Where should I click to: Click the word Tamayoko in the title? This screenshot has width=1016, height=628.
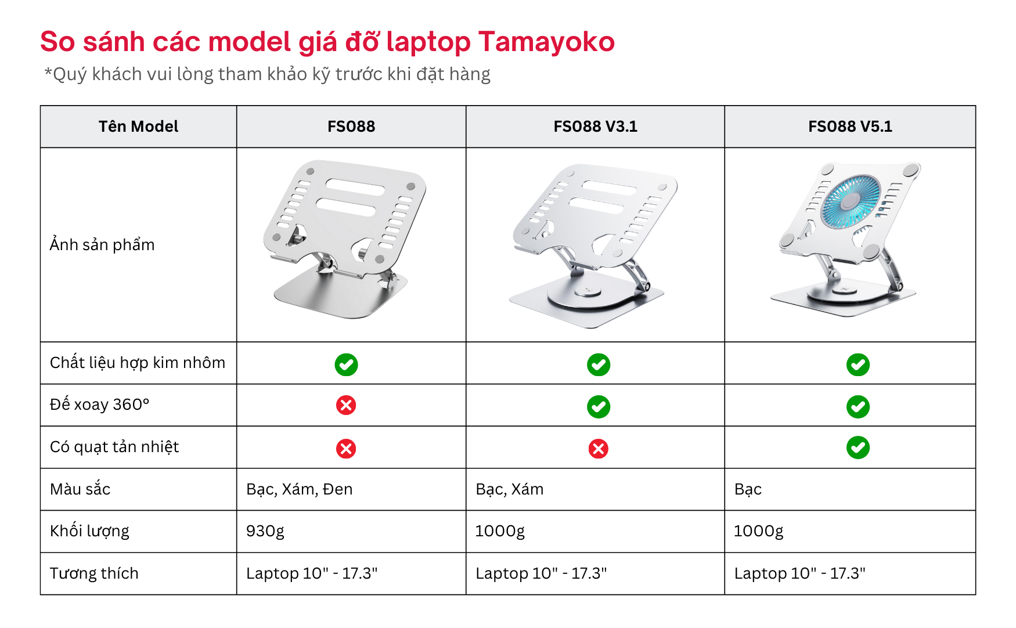click(x=546, y=42)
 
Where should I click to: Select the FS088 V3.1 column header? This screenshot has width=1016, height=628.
click(x=595, y=127)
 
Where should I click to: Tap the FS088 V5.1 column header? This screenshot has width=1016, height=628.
click(x=850, y=127)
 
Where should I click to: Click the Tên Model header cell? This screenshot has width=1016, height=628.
click(x=138, y=127)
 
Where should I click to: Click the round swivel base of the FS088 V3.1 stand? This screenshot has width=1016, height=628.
click(x=586, y=296)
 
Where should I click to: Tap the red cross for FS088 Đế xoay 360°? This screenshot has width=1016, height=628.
click(x=346, y=405)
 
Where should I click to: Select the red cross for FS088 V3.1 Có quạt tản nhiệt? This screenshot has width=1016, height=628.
click(x=598, y=448)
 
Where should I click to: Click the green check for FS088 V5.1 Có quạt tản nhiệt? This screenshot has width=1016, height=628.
click(x=858, y=447)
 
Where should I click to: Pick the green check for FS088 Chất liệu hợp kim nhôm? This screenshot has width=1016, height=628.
click(x=346, y=364)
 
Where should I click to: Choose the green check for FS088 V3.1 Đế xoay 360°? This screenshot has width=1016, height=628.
click(x=598, y=406)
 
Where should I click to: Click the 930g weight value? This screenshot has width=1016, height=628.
click(x=265, y=531)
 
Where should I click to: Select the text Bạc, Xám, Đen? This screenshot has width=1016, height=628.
click(x=299, y=489)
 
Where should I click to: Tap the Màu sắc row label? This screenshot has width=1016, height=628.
click(x=80, y=489)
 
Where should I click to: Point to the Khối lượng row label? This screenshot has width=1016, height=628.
click(x=89, y=531)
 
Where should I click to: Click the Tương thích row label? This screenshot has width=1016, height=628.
click(x=94, y=573)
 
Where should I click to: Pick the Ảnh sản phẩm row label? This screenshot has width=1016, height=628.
click(x=102, y=245)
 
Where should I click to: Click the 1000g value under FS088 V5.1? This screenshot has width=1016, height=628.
click(x=758, y=531)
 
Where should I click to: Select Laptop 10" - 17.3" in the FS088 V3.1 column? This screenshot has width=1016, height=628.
click(x=541, y=573)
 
